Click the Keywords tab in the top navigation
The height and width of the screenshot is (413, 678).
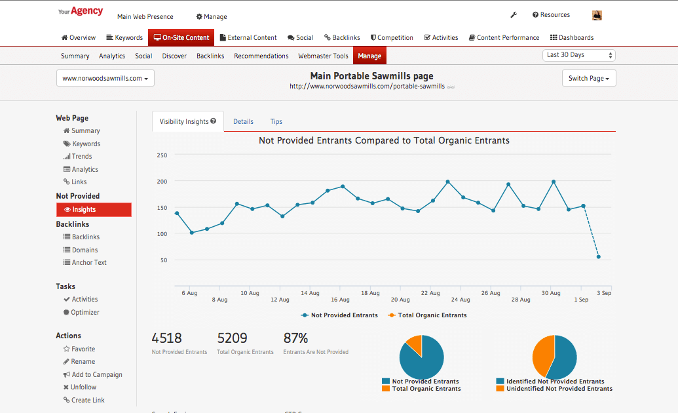coord(124,37)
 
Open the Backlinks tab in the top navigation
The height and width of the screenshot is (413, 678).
coord(343,37)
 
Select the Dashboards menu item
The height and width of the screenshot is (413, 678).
coord(571,37)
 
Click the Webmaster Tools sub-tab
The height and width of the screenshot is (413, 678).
coord(323,56)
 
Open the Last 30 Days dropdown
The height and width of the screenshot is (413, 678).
coord(579,55)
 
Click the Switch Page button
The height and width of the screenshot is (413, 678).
coord(588,79)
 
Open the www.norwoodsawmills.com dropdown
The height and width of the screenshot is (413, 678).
coord(105,79)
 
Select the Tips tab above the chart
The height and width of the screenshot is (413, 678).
coord(276,121)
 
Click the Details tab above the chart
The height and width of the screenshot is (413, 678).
coord(243,121)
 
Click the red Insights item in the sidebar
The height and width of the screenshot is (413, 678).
coord(94,210)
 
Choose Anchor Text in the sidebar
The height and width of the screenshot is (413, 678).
coord(89,262)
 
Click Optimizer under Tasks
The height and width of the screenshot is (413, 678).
coord(85,312)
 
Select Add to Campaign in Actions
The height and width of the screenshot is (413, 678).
coord(97,374)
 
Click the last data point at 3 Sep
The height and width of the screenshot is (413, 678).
coord(598,257)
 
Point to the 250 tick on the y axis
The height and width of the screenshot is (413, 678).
coord(162,155)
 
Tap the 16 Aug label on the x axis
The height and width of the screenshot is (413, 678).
coord(340,300)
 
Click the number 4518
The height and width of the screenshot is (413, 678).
coord(166,338)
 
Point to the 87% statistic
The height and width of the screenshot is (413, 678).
coord(295,338)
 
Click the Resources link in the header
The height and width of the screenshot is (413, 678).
coord(554,14)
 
